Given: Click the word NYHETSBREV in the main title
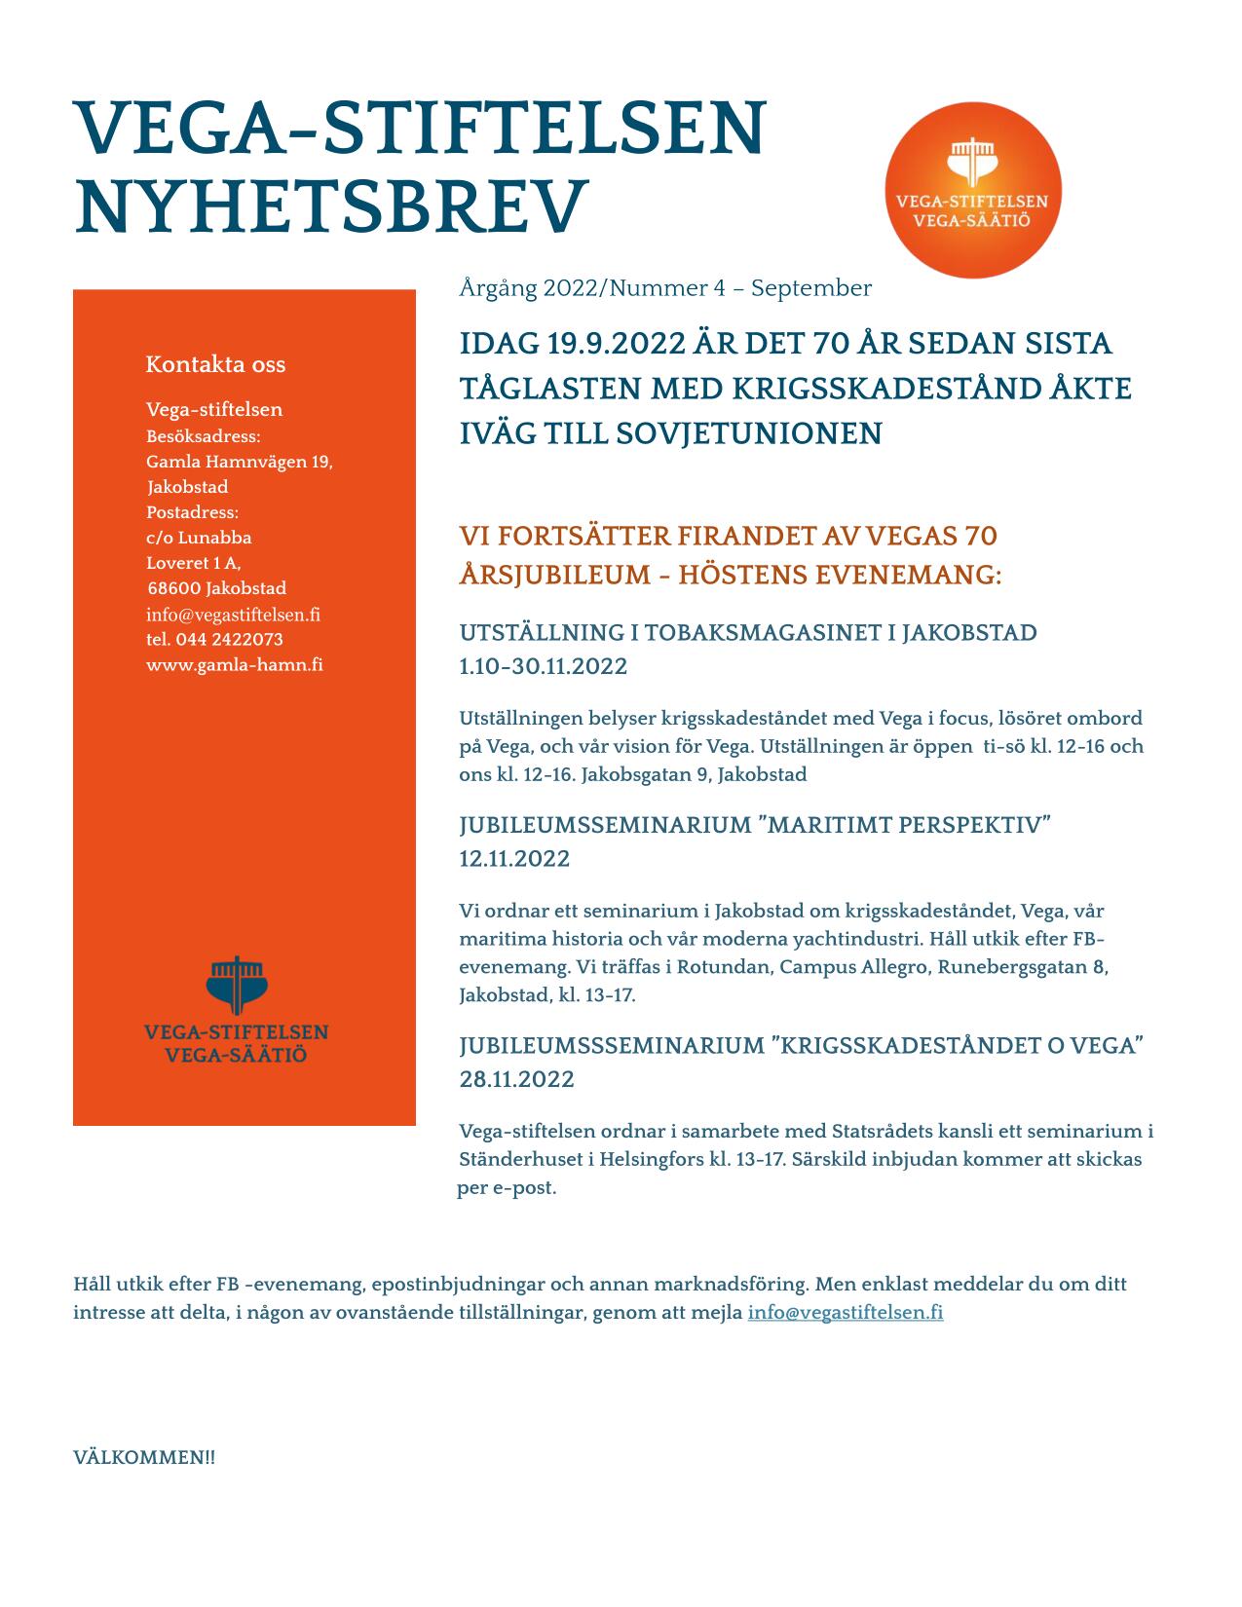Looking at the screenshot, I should coord(331,206).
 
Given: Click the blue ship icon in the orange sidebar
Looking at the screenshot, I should coord(236,984).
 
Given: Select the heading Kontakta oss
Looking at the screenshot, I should coord(215,364).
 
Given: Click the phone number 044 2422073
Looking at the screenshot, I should coord(229,640).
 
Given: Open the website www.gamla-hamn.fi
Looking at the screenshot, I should coord(235,665).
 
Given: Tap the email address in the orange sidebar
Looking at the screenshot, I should coord(233,615).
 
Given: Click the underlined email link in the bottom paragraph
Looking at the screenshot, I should coord(845,1312).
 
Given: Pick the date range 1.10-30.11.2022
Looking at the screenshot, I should coord(543,666).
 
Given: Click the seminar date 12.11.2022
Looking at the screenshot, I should coord(514,859).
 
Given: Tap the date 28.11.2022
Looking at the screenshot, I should coord(516,1079).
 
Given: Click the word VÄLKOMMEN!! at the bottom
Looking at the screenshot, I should coord(144,1458).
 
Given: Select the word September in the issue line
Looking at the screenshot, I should coord(810,288).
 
